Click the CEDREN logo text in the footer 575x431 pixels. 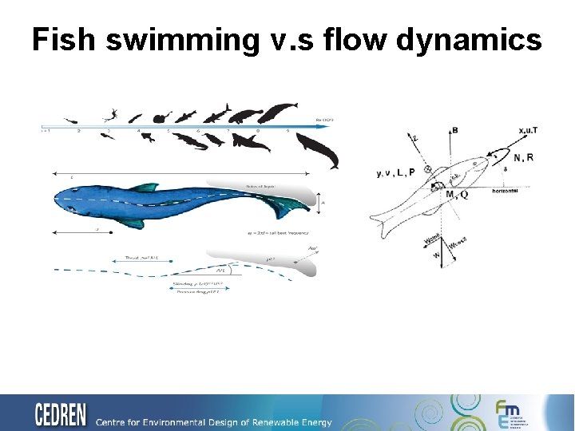tap(61, 415)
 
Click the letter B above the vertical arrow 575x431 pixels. tap(454, 129)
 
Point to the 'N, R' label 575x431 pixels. tap(523, 157)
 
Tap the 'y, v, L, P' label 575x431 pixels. tap(396, 172)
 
